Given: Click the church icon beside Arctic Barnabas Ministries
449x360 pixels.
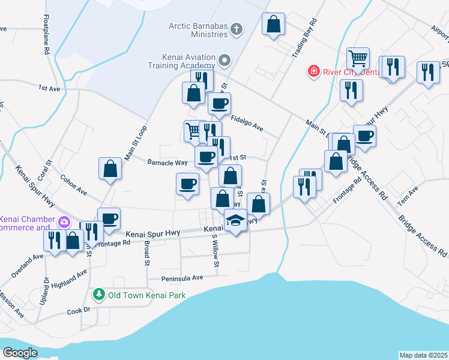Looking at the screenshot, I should [237, 28].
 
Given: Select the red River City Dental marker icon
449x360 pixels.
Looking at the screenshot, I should [313, 72].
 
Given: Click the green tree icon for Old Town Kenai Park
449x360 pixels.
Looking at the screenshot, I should [98, 295].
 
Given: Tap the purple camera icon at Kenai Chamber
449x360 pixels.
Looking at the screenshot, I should [64, 223].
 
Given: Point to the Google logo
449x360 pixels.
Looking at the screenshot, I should [20, 353].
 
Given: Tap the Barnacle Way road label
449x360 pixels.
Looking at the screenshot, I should [167, 161].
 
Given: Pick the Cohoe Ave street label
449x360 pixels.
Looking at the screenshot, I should [74, 185].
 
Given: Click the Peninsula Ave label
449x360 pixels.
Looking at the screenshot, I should [182, 278].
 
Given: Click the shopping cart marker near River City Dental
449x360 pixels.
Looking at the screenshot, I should [358, 59].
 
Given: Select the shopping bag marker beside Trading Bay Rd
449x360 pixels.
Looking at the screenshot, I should [273, 25].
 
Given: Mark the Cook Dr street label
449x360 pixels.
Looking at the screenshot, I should [78, 310].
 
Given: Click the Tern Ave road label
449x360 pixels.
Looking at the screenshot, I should [407, 196].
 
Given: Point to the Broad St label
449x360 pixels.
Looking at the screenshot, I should [146, 253].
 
